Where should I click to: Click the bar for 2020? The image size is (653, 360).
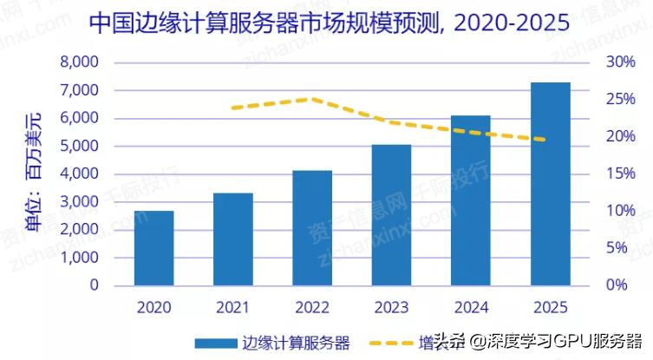[153, 248]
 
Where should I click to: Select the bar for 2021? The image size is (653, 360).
[232, 239]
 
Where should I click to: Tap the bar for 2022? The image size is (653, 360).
[311, 228]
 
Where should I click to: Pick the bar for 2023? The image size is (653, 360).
[390, 215]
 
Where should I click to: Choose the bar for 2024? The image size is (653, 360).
[470, 200]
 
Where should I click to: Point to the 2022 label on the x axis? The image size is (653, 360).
[311, 307]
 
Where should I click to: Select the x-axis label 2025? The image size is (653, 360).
[550, 307]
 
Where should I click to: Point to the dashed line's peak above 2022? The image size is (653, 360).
[311, 99]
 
